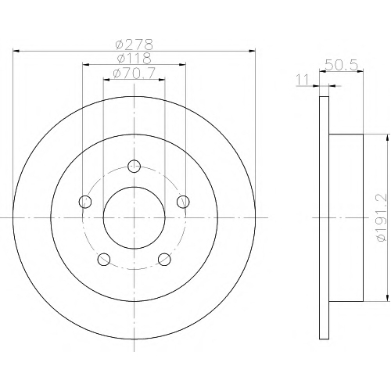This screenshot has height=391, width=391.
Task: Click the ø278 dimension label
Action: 135,45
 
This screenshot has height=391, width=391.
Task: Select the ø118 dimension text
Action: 135,58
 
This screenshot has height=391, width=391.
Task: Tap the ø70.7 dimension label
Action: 135,73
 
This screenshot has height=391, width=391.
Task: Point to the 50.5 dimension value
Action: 341,65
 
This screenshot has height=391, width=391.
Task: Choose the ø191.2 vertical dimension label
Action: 382,217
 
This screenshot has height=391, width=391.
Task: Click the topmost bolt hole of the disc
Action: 135,166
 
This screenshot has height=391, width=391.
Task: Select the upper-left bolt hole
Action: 85,202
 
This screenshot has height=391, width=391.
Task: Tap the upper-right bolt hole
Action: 183,202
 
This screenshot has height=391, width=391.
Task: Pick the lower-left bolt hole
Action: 104,259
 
